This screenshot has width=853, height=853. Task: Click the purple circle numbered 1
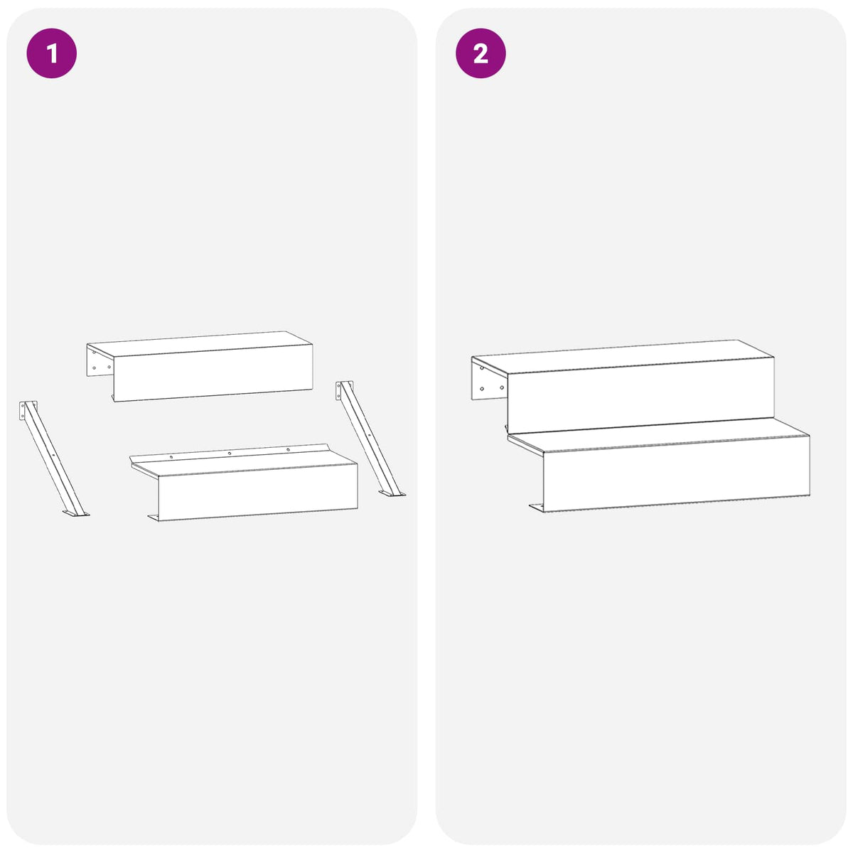click(52, 53)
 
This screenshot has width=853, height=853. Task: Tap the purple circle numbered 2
click(481, 53)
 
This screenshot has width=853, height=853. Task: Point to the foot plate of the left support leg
click(76, 513)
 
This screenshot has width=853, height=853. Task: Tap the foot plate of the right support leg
click(392, 493)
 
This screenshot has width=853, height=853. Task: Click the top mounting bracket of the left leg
click(27, 409)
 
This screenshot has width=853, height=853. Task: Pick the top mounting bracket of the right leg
click(343, 390)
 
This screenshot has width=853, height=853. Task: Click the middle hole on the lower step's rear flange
click(230, 454)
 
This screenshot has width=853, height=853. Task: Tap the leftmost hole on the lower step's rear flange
click(171, 456)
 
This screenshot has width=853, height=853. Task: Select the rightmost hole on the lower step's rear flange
click(288, 450)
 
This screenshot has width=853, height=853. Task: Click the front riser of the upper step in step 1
click(213, 373)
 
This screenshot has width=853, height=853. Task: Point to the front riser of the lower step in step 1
click(258, 492)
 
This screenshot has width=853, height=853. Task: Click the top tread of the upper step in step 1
click(200, 343)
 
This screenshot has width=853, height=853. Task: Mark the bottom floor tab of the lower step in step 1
click(153, 517)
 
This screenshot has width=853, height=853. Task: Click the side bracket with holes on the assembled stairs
click(489, 379)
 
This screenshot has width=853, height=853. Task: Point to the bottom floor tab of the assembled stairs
click(536, 508)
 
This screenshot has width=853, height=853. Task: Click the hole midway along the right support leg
click(370, 436)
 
